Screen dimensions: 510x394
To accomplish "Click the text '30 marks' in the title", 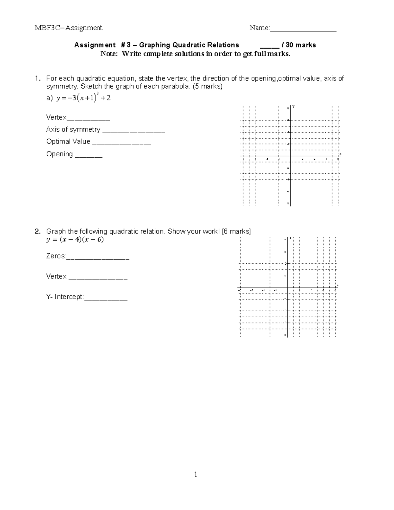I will [301, 45].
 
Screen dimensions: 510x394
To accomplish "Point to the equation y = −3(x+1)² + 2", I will [83, 98].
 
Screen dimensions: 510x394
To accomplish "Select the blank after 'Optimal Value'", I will [121, 144].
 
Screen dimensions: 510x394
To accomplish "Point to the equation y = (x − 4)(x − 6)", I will [75, 240].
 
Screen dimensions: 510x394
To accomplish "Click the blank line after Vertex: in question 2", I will [98, 278].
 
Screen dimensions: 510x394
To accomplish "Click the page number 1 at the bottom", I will [196, 474].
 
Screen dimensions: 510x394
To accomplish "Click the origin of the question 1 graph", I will [291, 156].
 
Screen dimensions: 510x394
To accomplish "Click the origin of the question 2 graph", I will [288, 288].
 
